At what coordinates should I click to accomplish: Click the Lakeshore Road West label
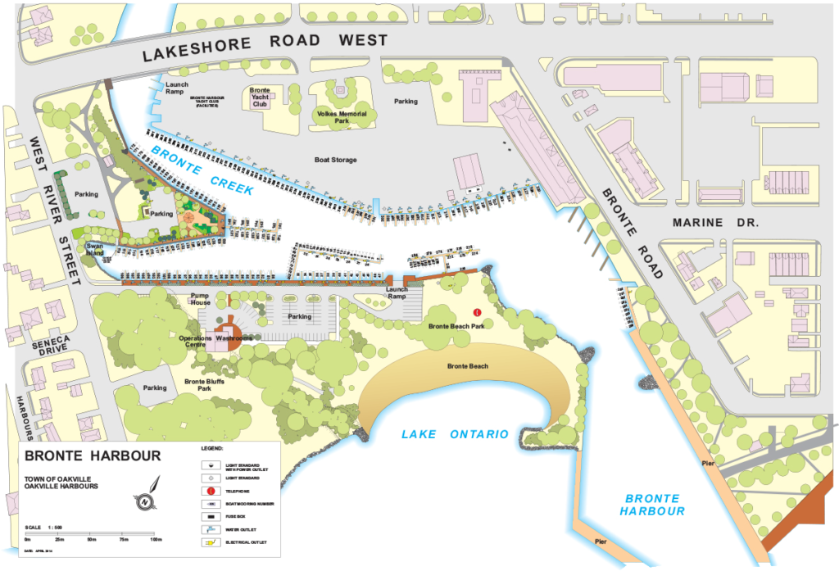[264, 47]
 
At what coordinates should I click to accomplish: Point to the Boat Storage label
[336, 160]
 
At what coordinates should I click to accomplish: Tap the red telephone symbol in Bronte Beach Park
[477, 312]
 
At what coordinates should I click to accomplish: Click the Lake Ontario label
[454, 434]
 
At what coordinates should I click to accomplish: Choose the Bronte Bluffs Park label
[205, 384]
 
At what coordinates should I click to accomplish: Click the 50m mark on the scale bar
[91, 539]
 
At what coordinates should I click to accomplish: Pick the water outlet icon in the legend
[211, 529]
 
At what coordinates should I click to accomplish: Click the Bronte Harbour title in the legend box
[93, 455]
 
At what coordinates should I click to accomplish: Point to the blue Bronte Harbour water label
[652, 504]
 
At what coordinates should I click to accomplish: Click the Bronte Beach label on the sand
[467, 366]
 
